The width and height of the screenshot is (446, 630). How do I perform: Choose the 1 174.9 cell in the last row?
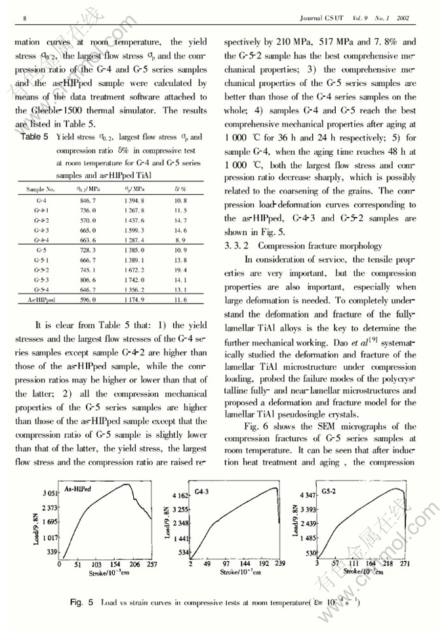click(x=133, y=299)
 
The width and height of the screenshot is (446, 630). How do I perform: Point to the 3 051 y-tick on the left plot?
click(x=51, y=492)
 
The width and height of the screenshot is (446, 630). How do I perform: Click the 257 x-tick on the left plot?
click(x=152, y=563)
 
